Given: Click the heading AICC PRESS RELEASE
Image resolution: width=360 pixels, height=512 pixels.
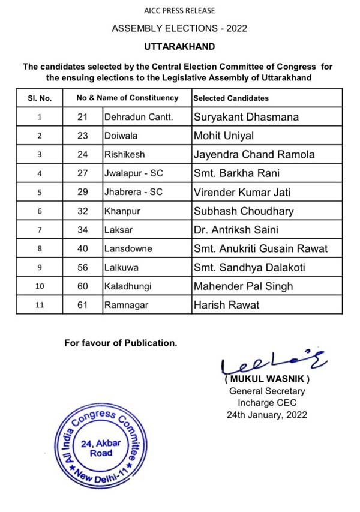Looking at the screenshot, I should (179, 10).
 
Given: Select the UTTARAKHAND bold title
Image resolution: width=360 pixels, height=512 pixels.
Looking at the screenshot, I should (179, 46).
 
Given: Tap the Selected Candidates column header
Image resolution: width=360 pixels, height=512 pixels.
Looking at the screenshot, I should (231, 98).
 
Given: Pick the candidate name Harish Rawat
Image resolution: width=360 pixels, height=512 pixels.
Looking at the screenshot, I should (226, 305).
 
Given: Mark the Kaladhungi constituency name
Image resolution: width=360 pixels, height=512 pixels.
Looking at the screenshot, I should (128, 286).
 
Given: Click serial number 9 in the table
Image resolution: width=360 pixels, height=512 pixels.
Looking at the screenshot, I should (40, 268).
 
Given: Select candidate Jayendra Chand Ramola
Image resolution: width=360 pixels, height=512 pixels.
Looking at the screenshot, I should (254, 154).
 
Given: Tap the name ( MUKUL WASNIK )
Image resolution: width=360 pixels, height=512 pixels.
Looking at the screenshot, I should (267, 380).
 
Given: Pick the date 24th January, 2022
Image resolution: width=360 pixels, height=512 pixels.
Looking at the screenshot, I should (267, 414).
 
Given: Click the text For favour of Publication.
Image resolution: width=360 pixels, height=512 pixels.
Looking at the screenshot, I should (121, 343).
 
